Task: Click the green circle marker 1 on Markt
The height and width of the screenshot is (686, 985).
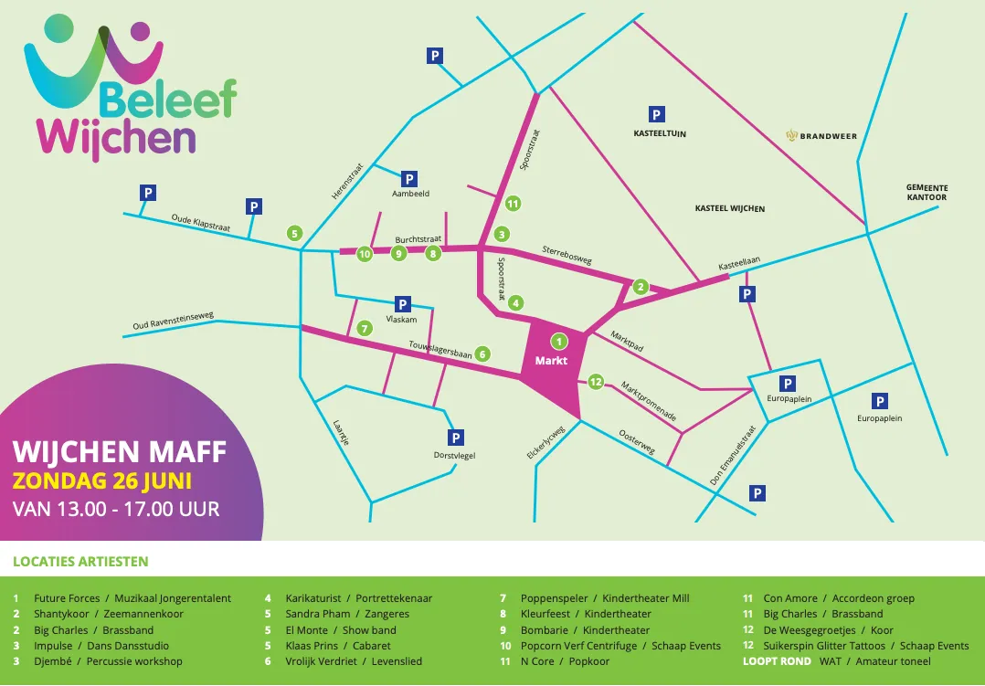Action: (x=559, y=342)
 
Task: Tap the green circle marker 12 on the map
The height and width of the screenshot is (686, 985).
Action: (x=596, y=382)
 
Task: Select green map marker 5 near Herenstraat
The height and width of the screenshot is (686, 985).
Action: (x=294, y=233)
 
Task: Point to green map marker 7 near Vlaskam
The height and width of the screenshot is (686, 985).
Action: (x=365, y=327)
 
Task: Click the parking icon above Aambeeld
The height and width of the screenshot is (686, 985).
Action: (x=409, y=179)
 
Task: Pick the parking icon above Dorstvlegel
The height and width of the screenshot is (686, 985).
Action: (x=456, y=438)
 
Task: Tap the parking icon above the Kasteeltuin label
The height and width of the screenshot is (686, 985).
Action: (x=655, y=114)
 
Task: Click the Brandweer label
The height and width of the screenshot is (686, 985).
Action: (x=821, y=136)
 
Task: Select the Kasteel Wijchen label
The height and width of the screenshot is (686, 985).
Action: (x=730, y=208)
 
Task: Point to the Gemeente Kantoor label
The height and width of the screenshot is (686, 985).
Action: (x=927, y=192)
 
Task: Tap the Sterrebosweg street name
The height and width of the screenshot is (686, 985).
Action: (x=567, y=254)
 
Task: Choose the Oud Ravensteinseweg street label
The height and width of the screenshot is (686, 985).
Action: (x=173, y=322)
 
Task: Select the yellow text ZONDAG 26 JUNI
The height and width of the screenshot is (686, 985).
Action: (x=102, y=480)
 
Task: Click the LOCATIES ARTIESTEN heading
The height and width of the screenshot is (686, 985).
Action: (x=80, y=562)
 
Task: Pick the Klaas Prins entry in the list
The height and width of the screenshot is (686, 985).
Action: (x=312, y=646)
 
